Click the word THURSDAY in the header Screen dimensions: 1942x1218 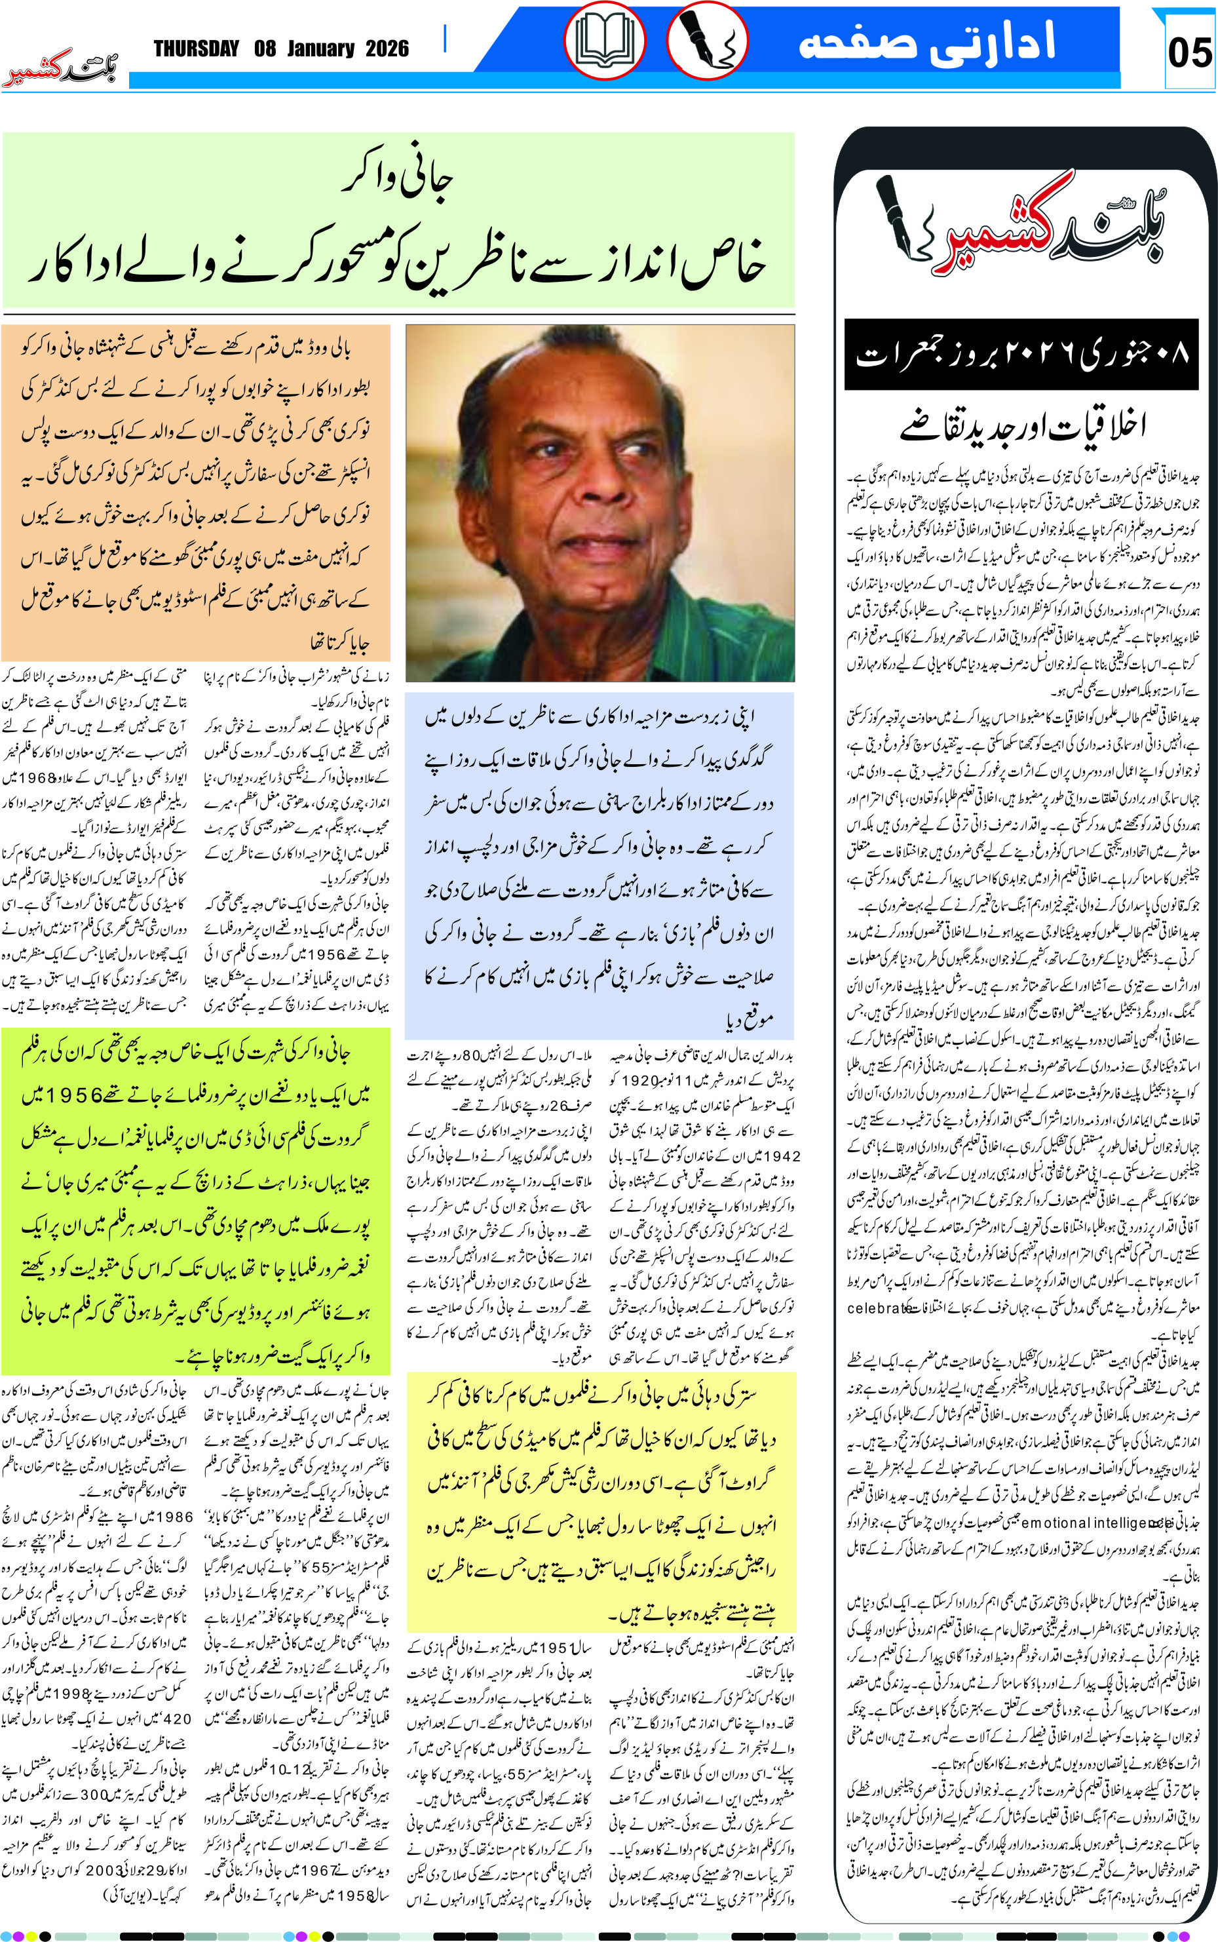197,49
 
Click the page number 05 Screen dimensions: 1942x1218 1189,53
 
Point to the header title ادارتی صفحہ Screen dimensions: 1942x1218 926,43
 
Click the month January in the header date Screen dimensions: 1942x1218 320,49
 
